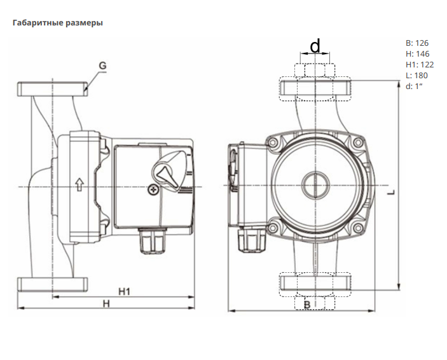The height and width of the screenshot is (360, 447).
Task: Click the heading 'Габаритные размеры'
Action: click(x=58, y=23)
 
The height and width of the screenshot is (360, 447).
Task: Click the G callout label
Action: click(x=102, y=66)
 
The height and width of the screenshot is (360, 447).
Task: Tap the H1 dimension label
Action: click(x=124, y=291)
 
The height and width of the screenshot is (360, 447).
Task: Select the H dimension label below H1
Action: click(x=106, y=304)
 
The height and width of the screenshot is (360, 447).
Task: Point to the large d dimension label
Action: click(x=315, y=46)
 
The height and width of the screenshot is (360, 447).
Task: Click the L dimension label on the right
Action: click(x=392, y=193)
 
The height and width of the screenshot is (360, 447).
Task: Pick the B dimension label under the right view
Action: click(x=307, y=305)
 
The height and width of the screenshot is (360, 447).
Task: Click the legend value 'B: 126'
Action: click(x=417, y=43)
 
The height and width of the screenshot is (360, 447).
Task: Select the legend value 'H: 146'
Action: click(x=417, y=54)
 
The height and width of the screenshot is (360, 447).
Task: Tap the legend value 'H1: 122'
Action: click(x=420, y=65)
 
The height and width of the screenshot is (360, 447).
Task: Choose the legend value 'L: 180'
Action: click(x=416, y=76)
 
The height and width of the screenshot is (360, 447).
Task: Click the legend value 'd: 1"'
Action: click(x=414, y=86)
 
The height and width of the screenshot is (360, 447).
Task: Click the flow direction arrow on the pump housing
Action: click(x=79, y=184)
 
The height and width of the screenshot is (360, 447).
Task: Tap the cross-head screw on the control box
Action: click(x=153, y=190)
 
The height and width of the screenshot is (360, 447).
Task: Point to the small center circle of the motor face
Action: click(x=315, y=186)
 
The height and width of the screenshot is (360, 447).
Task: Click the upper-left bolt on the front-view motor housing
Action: click(x=273, y=142)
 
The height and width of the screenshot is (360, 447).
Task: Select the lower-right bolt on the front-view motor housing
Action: click(x=358, y=228)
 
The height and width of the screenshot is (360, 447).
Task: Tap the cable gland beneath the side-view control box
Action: click(x=153, y=240)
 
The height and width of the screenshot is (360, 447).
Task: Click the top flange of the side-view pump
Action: click(x=53, y=89)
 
